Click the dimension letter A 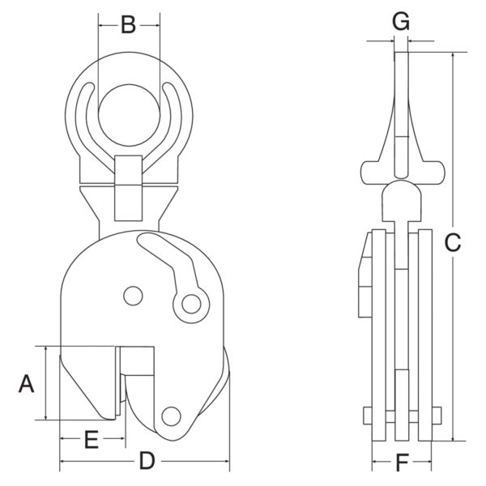tap(27, 384)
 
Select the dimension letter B tap(128, 25)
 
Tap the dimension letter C tap(453, 242)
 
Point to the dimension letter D tap(147, 461)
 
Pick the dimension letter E tap(92, 440)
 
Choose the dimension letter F tap(403, 463)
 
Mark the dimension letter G tap(401, 21)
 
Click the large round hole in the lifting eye tap(129, 115)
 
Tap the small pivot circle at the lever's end tap(191, 304)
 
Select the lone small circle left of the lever tap(133, 296)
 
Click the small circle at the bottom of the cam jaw tap(171, 416)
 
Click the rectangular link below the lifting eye tap(128, 188)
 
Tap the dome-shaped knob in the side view tap(402, 201)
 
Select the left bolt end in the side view tap(368, 416)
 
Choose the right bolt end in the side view tap(436, 416)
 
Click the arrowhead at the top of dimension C tap(453, 56)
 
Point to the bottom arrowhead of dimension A tap(46, 416)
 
